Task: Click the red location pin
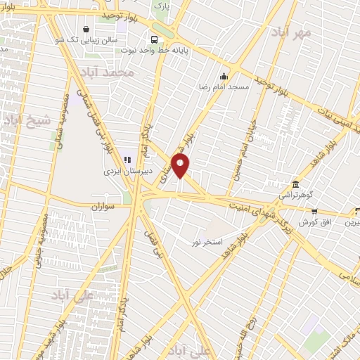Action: (x=181, y=166)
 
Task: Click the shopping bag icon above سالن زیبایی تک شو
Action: (x=86, y=30)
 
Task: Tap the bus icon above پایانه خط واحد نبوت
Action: (x=153, y=39)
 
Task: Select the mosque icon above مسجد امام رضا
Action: (x=224, y=76)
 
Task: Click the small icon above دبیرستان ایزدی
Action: (x=127, y=160)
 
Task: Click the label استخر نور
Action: (x=207, y=241)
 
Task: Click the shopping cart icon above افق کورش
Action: (x=314, y=211)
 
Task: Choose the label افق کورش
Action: (x=314, y=222)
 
